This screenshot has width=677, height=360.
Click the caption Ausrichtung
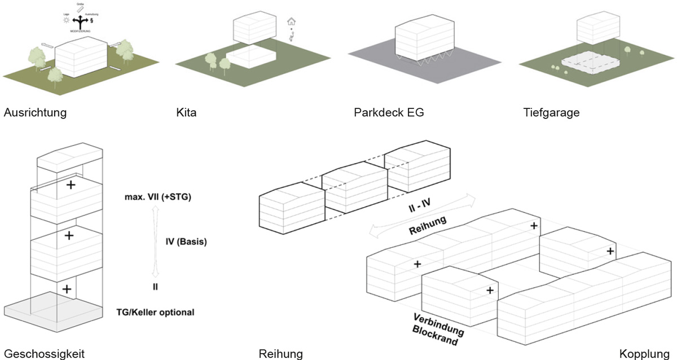tap(35, 113)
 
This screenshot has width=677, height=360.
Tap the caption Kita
tap(186, 113)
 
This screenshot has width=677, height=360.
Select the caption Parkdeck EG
tap(388, 113)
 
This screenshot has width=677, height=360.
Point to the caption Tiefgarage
tap(551, 113)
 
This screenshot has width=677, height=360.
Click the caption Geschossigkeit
tap(44, 354)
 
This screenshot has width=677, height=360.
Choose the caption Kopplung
tap(647, 354)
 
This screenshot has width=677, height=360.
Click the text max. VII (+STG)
tap(159, 197)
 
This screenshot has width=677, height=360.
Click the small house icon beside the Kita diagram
tap(292, 22)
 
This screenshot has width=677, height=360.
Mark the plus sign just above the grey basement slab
tap(67, 289)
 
